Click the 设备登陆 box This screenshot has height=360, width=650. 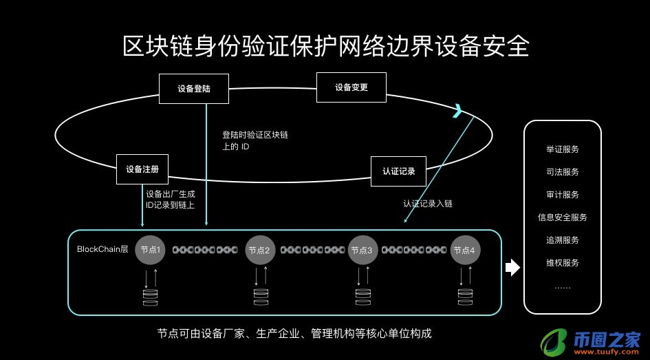click(193, 89)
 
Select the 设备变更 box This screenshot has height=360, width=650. click(351, 87)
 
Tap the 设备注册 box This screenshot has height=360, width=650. click(142, 169)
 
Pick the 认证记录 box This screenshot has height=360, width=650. click(398, 171)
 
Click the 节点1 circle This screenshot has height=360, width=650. click(151, 250)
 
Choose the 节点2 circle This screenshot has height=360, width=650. click(259, 250)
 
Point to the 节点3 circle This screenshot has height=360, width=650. click(361, 250)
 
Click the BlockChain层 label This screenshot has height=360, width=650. click(102, 249)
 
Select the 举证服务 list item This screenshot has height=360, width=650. click(562, 149)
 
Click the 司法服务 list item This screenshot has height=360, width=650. click(562, 171)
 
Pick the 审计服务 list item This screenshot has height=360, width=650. click(562, 194)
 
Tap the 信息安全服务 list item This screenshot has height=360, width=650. click(562, 218)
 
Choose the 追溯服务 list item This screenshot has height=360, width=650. click(562, 240)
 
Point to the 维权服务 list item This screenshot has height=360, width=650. click(562, 263)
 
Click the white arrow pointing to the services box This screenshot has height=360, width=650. click(512, 268)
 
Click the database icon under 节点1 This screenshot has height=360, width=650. click(149, 297)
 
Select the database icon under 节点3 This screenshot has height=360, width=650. click(362, 297)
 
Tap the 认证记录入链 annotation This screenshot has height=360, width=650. click(427, 204)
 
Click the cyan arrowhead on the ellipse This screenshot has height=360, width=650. click(457, 111)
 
